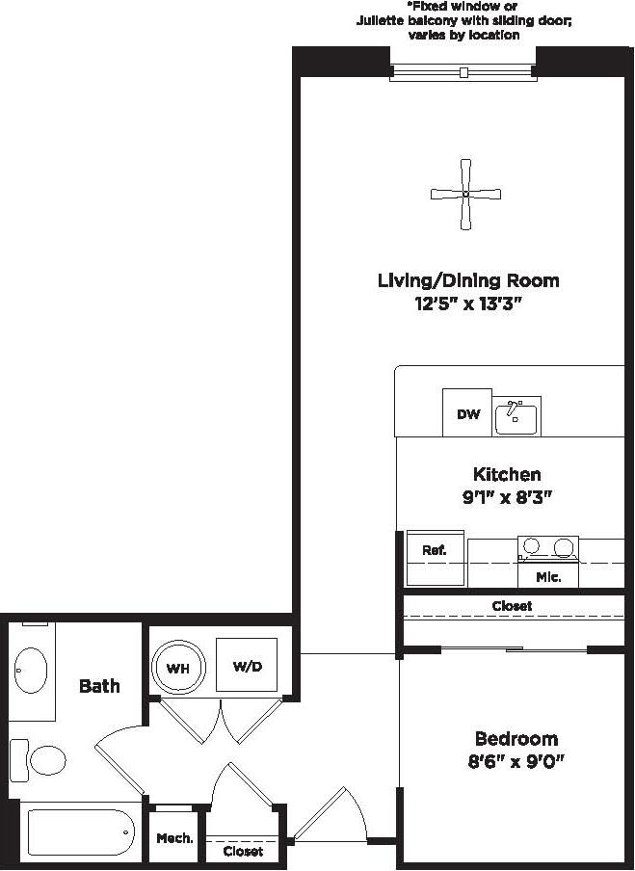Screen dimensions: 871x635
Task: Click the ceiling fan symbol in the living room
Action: pyautogui.click(x=465, y=195)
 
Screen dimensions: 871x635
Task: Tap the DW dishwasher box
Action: pyautogui.click(x=467, y=414)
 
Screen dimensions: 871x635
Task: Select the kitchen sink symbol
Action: pyautogui.click(x=516, y=416)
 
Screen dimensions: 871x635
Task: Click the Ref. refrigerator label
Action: pyautogui.click(x=434, y=550)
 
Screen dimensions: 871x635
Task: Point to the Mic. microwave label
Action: pyautogui.click(x=547, y=577)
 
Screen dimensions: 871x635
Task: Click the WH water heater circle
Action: pyautogui.click(x=178, y=667)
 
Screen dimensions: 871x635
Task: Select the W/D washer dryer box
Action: pyautogui.click(x=246, y=665)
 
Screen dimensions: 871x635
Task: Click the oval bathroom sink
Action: pyautogui.click(x=32, y=668)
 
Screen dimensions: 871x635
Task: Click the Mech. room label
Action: pyautogui.click(x=174, y=838)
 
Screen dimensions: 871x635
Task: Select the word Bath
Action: pyautogui.click(x=99, y=686)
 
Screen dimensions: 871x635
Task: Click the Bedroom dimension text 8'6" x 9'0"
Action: pyautogui.click(x=516, y=761)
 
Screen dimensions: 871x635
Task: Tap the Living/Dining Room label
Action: pyautogui.click(x=468, y=280)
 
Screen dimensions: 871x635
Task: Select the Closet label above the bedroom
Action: pyautogui.click(x=512, y=606)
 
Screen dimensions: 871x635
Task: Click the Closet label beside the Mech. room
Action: pyautogui.click(x=242, y=852)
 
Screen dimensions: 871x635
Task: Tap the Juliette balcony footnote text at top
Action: pyautogui.click(x=463, y=21)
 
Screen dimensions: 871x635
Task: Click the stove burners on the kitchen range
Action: pyautogui.click(x=547, y=548)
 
